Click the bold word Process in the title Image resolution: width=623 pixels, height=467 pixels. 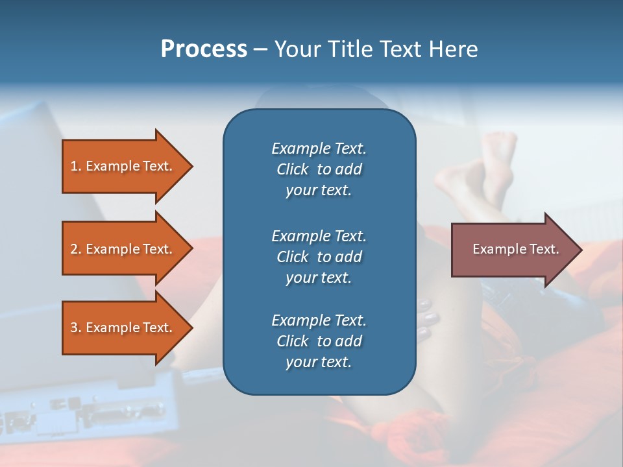(x=204, y=49)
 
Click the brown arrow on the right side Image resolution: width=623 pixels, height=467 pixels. (x=513, y=249)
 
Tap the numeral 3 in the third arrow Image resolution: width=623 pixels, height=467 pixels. (x=73, y=328)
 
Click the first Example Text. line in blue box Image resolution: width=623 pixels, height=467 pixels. (x=319, y=149)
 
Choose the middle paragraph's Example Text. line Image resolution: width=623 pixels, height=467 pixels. (x=319, y=235)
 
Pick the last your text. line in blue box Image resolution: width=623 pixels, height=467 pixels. (x=319, y=362)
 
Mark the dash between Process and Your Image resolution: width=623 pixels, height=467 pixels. (x=261, y=49)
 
